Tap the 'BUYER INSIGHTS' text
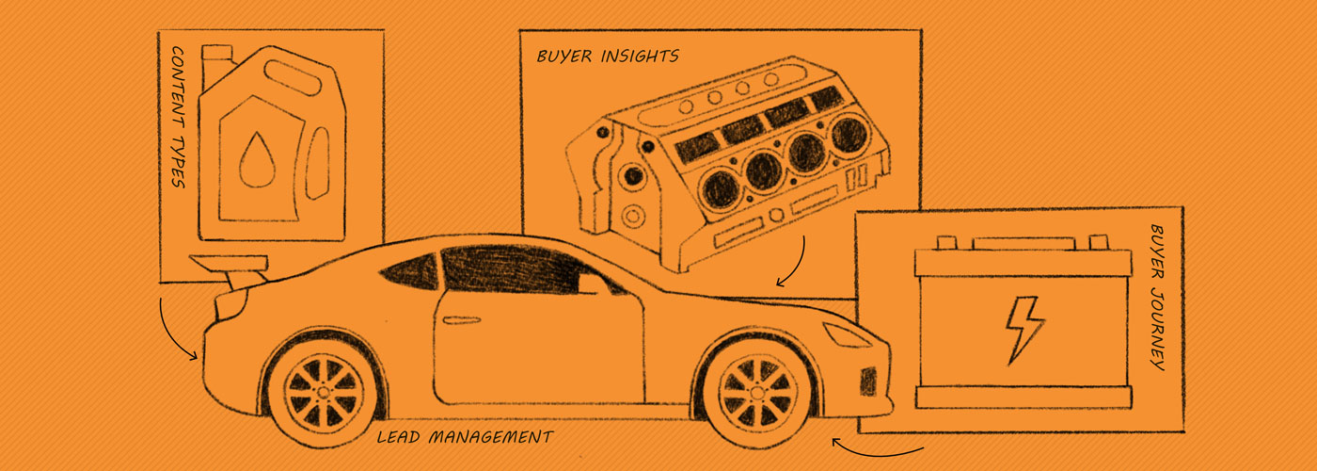click(607, 57)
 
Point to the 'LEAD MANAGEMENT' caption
click(465, 437)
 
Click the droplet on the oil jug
click(253, 160)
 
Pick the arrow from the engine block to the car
click(796, 264)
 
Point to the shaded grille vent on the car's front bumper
click(867, 381)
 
